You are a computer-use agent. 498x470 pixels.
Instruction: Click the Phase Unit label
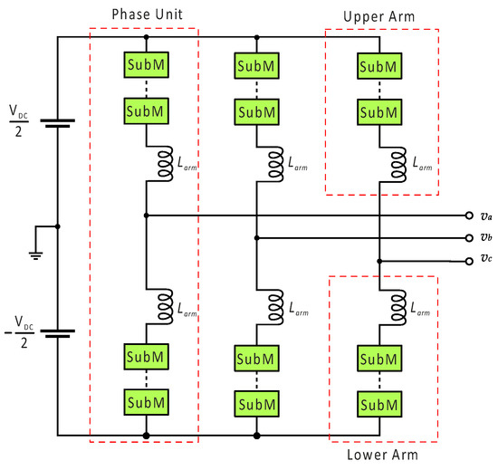(x=146, y=16)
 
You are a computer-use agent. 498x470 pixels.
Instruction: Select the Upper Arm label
(x=381, y=17)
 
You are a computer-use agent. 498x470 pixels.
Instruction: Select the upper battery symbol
(x=57, y=123)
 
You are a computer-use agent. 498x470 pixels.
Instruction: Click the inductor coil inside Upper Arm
(x=397, y=163)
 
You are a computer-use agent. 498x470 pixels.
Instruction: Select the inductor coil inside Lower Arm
(x=397, y=309)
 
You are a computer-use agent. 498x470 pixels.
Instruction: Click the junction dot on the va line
(x=146, y=216)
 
